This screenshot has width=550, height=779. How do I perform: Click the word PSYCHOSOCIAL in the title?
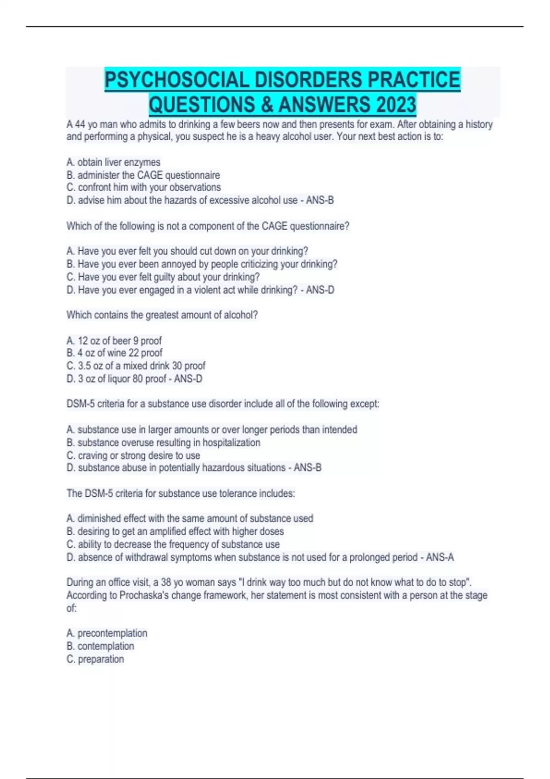[x=177, y=80]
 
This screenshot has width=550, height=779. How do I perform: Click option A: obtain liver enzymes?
[x=114, y=162]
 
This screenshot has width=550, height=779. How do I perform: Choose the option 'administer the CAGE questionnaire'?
[x=143, y=175]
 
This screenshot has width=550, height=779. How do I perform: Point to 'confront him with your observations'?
[x=144, y=187]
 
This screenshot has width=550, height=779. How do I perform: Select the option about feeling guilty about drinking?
[x=163, y=277]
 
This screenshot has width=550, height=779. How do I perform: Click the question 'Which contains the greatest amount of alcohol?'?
[x=162, y=315]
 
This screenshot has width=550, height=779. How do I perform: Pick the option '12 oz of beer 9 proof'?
[x=114, y=341]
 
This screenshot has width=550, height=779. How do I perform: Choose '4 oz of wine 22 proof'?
[x=115, y=353]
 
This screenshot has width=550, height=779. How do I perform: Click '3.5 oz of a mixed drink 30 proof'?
[x=136, y=366]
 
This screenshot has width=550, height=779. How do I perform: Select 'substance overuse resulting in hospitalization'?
[x=164, y=443]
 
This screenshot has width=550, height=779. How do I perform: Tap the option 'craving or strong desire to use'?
[x=133, y=455]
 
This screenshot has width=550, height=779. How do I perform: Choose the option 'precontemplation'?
[x=107, y=633]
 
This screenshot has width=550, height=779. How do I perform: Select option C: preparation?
[x=95, y=659]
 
